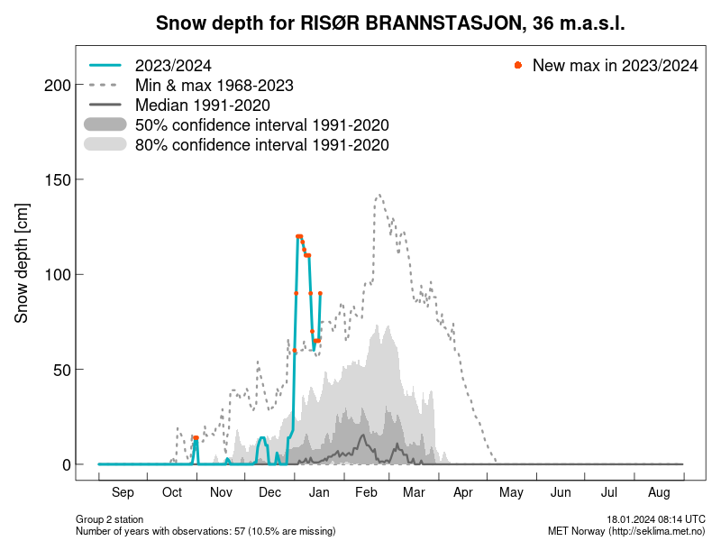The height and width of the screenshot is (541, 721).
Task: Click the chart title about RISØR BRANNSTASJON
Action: point(390,23)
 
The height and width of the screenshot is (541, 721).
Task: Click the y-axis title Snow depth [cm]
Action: point(23,263)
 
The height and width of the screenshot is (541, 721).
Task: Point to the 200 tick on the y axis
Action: point(58,85)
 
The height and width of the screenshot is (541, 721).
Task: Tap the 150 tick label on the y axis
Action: point(58,179)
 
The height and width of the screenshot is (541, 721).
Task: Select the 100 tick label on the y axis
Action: point(58,274)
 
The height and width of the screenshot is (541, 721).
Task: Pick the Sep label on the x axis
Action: point(123,492)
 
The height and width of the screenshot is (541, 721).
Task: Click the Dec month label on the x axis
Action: point(269,492)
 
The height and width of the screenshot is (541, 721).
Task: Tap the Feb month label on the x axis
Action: point(366,492)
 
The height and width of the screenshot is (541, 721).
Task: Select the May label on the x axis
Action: point(512,492)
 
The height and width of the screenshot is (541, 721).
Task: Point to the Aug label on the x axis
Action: point(659,492)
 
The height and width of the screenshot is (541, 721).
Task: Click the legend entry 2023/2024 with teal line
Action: point(172,66)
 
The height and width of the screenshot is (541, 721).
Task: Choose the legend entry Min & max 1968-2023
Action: point(214,86)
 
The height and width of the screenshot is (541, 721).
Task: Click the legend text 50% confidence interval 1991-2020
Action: point(261,125)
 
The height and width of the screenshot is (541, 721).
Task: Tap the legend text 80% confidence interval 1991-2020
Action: point(261,145)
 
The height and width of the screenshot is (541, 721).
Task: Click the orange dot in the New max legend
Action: point(517,66)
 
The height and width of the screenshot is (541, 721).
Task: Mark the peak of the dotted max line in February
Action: point(379,194)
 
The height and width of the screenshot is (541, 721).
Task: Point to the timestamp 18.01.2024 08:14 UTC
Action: point(655,520)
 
